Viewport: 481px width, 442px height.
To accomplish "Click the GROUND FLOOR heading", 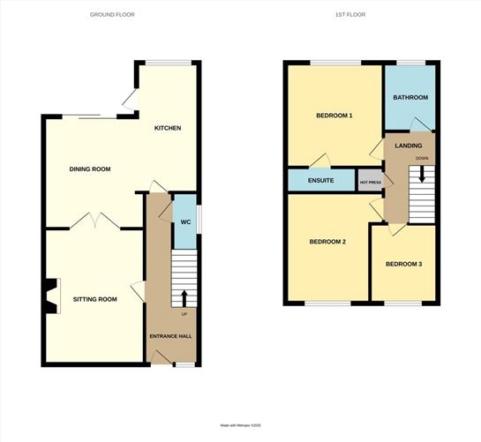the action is click(112, 14).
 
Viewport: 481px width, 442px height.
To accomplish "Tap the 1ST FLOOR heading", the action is click(350, 14).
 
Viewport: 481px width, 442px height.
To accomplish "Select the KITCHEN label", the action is click(168, 128).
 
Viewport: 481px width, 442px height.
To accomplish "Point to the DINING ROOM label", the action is click(90, 169).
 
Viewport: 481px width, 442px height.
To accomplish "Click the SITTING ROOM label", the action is click(95, 299).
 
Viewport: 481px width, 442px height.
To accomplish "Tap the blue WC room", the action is click(185, 221).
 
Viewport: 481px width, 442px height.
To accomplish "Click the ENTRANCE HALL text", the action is click(171, 336).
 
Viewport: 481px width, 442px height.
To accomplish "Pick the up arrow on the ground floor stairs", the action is click(184, 298).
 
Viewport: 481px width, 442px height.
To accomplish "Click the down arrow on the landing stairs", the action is click(422, 174).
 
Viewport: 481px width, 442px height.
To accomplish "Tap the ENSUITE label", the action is click(321, 180).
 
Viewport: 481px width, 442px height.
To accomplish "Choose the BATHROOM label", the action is click(410, 97).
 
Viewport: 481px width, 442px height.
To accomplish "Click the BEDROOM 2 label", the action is click(327, 242).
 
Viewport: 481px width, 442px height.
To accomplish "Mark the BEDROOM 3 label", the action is click(403, 264).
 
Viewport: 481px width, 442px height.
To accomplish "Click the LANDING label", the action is click(409, 146).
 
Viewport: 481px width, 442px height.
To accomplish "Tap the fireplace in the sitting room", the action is click(52, 296).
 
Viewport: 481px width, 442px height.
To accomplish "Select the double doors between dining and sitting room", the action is click(94, 221).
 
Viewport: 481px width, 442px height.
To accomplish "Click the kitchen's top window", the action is click(169, 63).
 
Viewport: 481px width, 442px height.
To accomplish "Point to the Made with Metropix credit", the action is click(240, 425).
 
